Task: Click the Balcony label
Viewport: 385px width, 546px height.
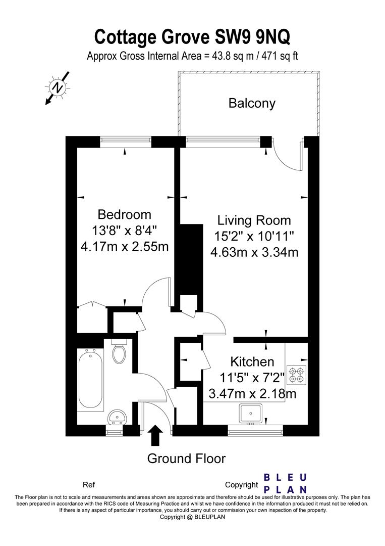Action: pos(252,104)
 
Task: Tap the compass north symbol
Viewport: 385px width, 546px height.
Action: pos(58,87)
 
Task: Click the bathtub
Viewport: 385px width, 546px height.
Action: pos(90,380)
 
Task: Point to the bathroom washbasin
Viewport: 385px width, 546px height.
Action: pos(117,417)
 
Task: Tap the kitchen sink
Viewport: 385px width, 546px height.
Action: pos(251,414)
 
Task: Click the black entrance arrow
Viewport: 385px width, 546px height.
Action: pos(155,435)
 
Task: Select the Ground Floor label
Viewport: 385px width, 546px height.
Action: pos(186,458)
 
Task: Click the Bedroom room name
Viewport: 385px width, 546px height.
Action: pos(125,214)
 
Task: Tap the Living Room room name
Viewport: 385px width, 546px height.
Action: pos(254,220)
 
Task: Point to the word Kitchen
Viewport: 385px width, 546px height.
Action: pos(252,362)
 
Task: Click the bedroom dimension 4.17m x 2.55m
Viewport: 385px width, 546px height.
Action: pos(125,247)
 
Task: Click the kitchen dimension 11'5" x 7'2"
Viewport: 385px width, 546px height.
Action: pos(252,378)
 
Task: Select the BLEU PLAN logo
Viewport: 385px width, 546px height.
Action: pos(285,483)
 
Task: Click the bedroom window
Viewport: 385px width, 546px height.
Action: pos(126,142)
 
